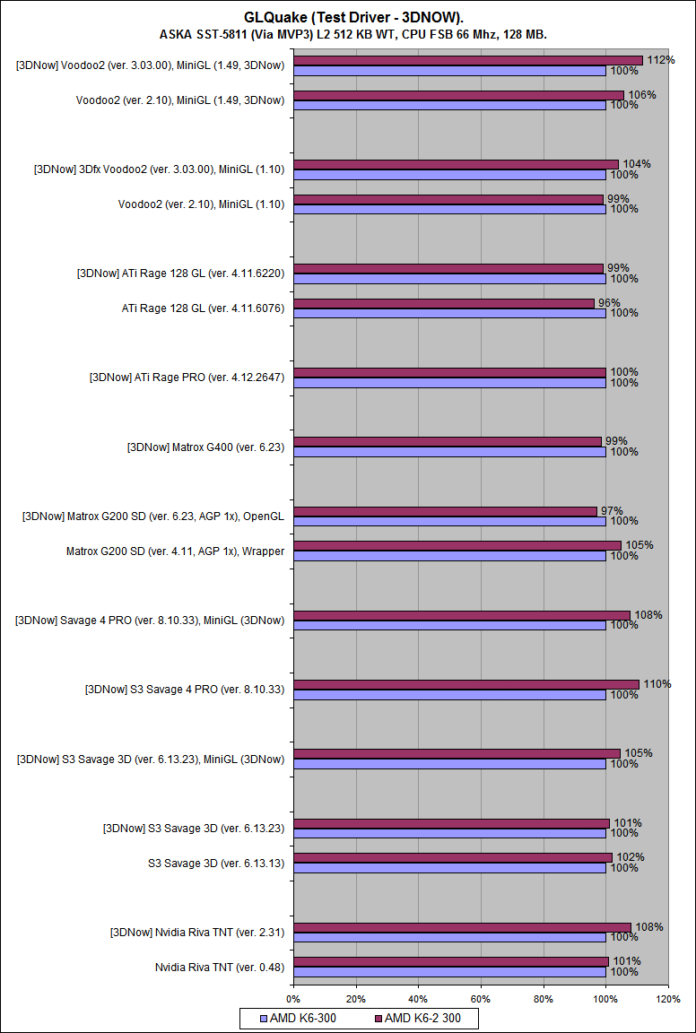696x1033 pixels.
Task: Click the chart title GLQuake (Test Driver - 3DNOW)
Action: [347, 17]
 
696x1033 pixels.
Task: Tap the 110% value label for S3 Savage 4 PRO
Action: [657, 684]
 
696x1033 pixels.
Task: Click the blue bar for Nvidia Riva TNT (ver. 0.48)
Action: [449, 972]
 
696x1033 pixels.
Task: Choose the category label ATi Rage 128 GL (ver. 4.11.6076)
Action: [203, 308]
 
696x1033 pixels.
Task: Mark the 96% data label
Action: [609, 302]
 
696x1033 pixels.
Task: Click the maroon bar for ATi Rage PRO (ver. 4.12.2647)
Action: [449, 372]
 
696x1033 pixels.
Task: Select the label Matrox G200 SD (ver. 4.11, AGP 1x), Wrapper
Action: [175, 551]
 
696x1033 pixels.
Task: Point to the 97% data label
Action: [612, 510]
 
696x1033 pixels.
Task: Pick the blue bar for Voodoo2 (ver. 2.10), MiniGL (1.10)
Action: [449, 209]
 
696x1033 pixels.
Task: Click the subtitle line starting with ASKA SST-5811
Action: [347, 34]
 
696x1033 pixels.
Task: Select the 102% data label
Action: [631, 857]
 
